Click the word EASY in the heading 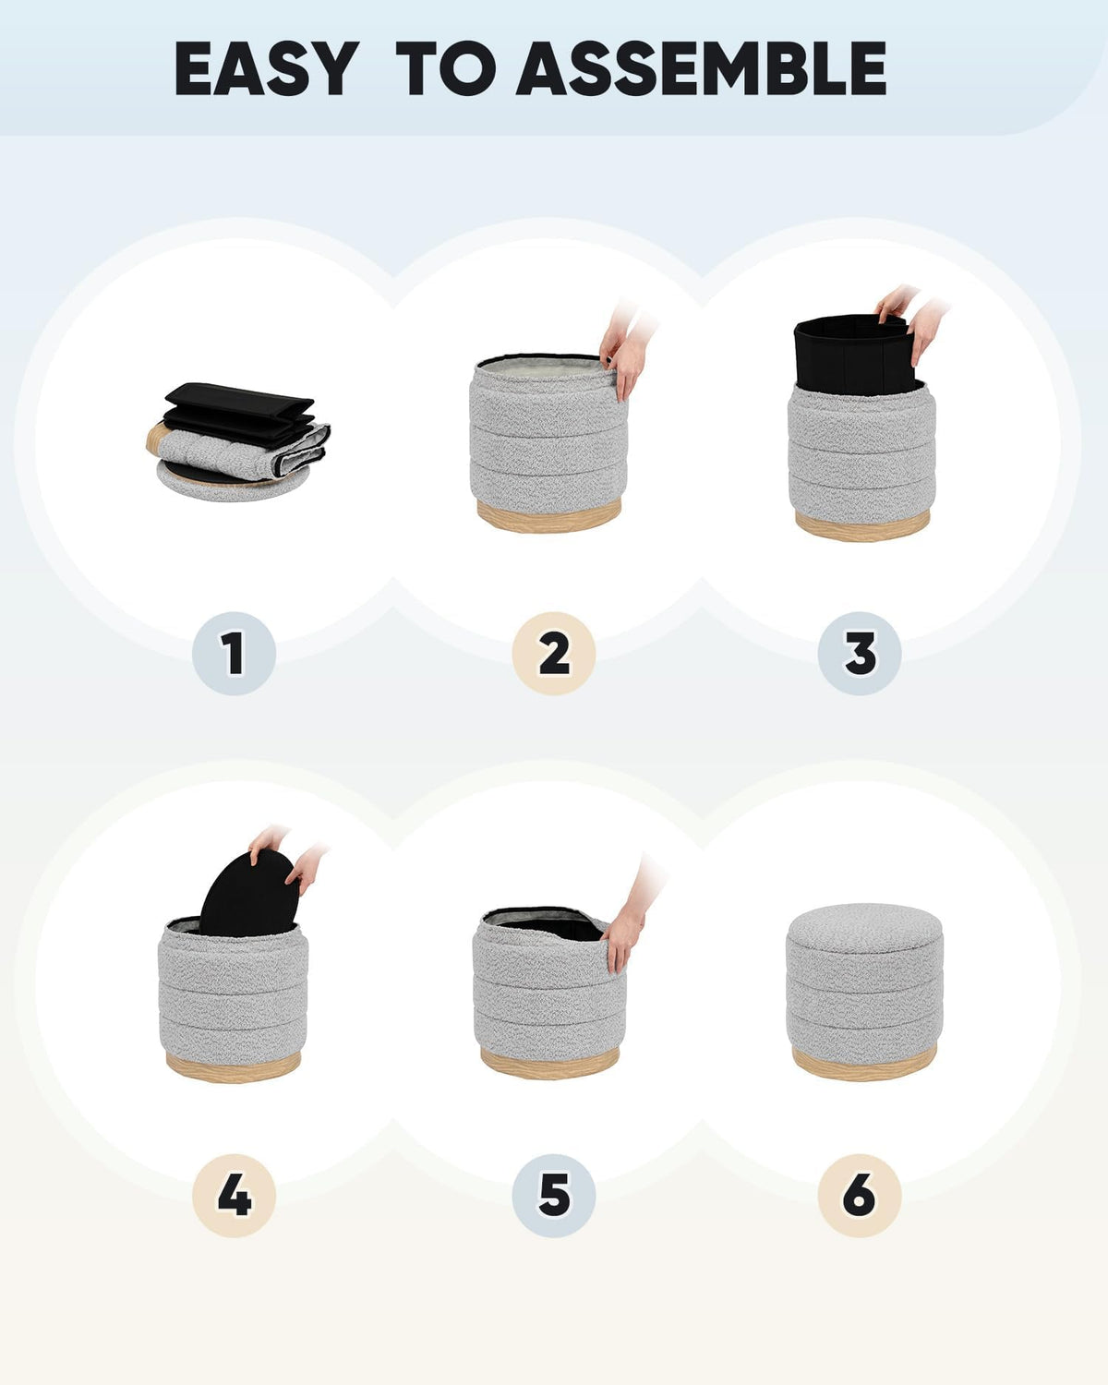click(266, 68)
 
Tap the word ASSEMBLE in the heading click(701, 68)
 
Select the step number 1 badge click(234, 653)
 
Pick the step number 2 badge click(554, 653)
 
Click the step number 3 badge click(860, 653)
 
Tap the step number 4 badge click(234, 1196)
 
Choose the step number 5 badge click(554, 1196)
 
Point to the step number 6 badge click(860, 1196)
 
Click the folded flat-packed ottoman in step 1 click(237, 443)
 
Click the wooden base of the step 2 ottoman click(548, 515)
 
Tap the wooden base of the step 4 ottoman click(233, 1066)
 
